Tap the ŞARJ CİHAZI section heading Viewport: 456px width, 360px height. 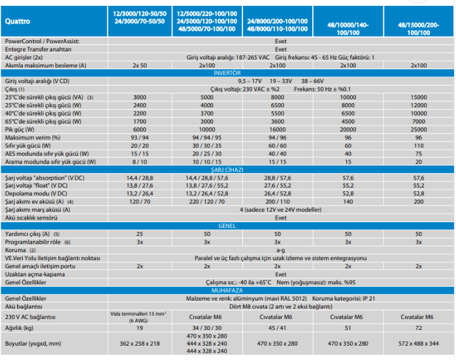point(227,169)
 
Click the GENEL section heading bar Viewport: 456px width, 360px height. point(227,225)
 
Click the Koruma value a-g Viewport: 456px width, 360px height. point(281,249)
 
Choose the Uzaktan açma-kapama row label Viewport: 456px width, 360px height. point(35,274)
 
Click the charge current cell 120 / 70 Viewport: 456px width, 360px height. point(140,201)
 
